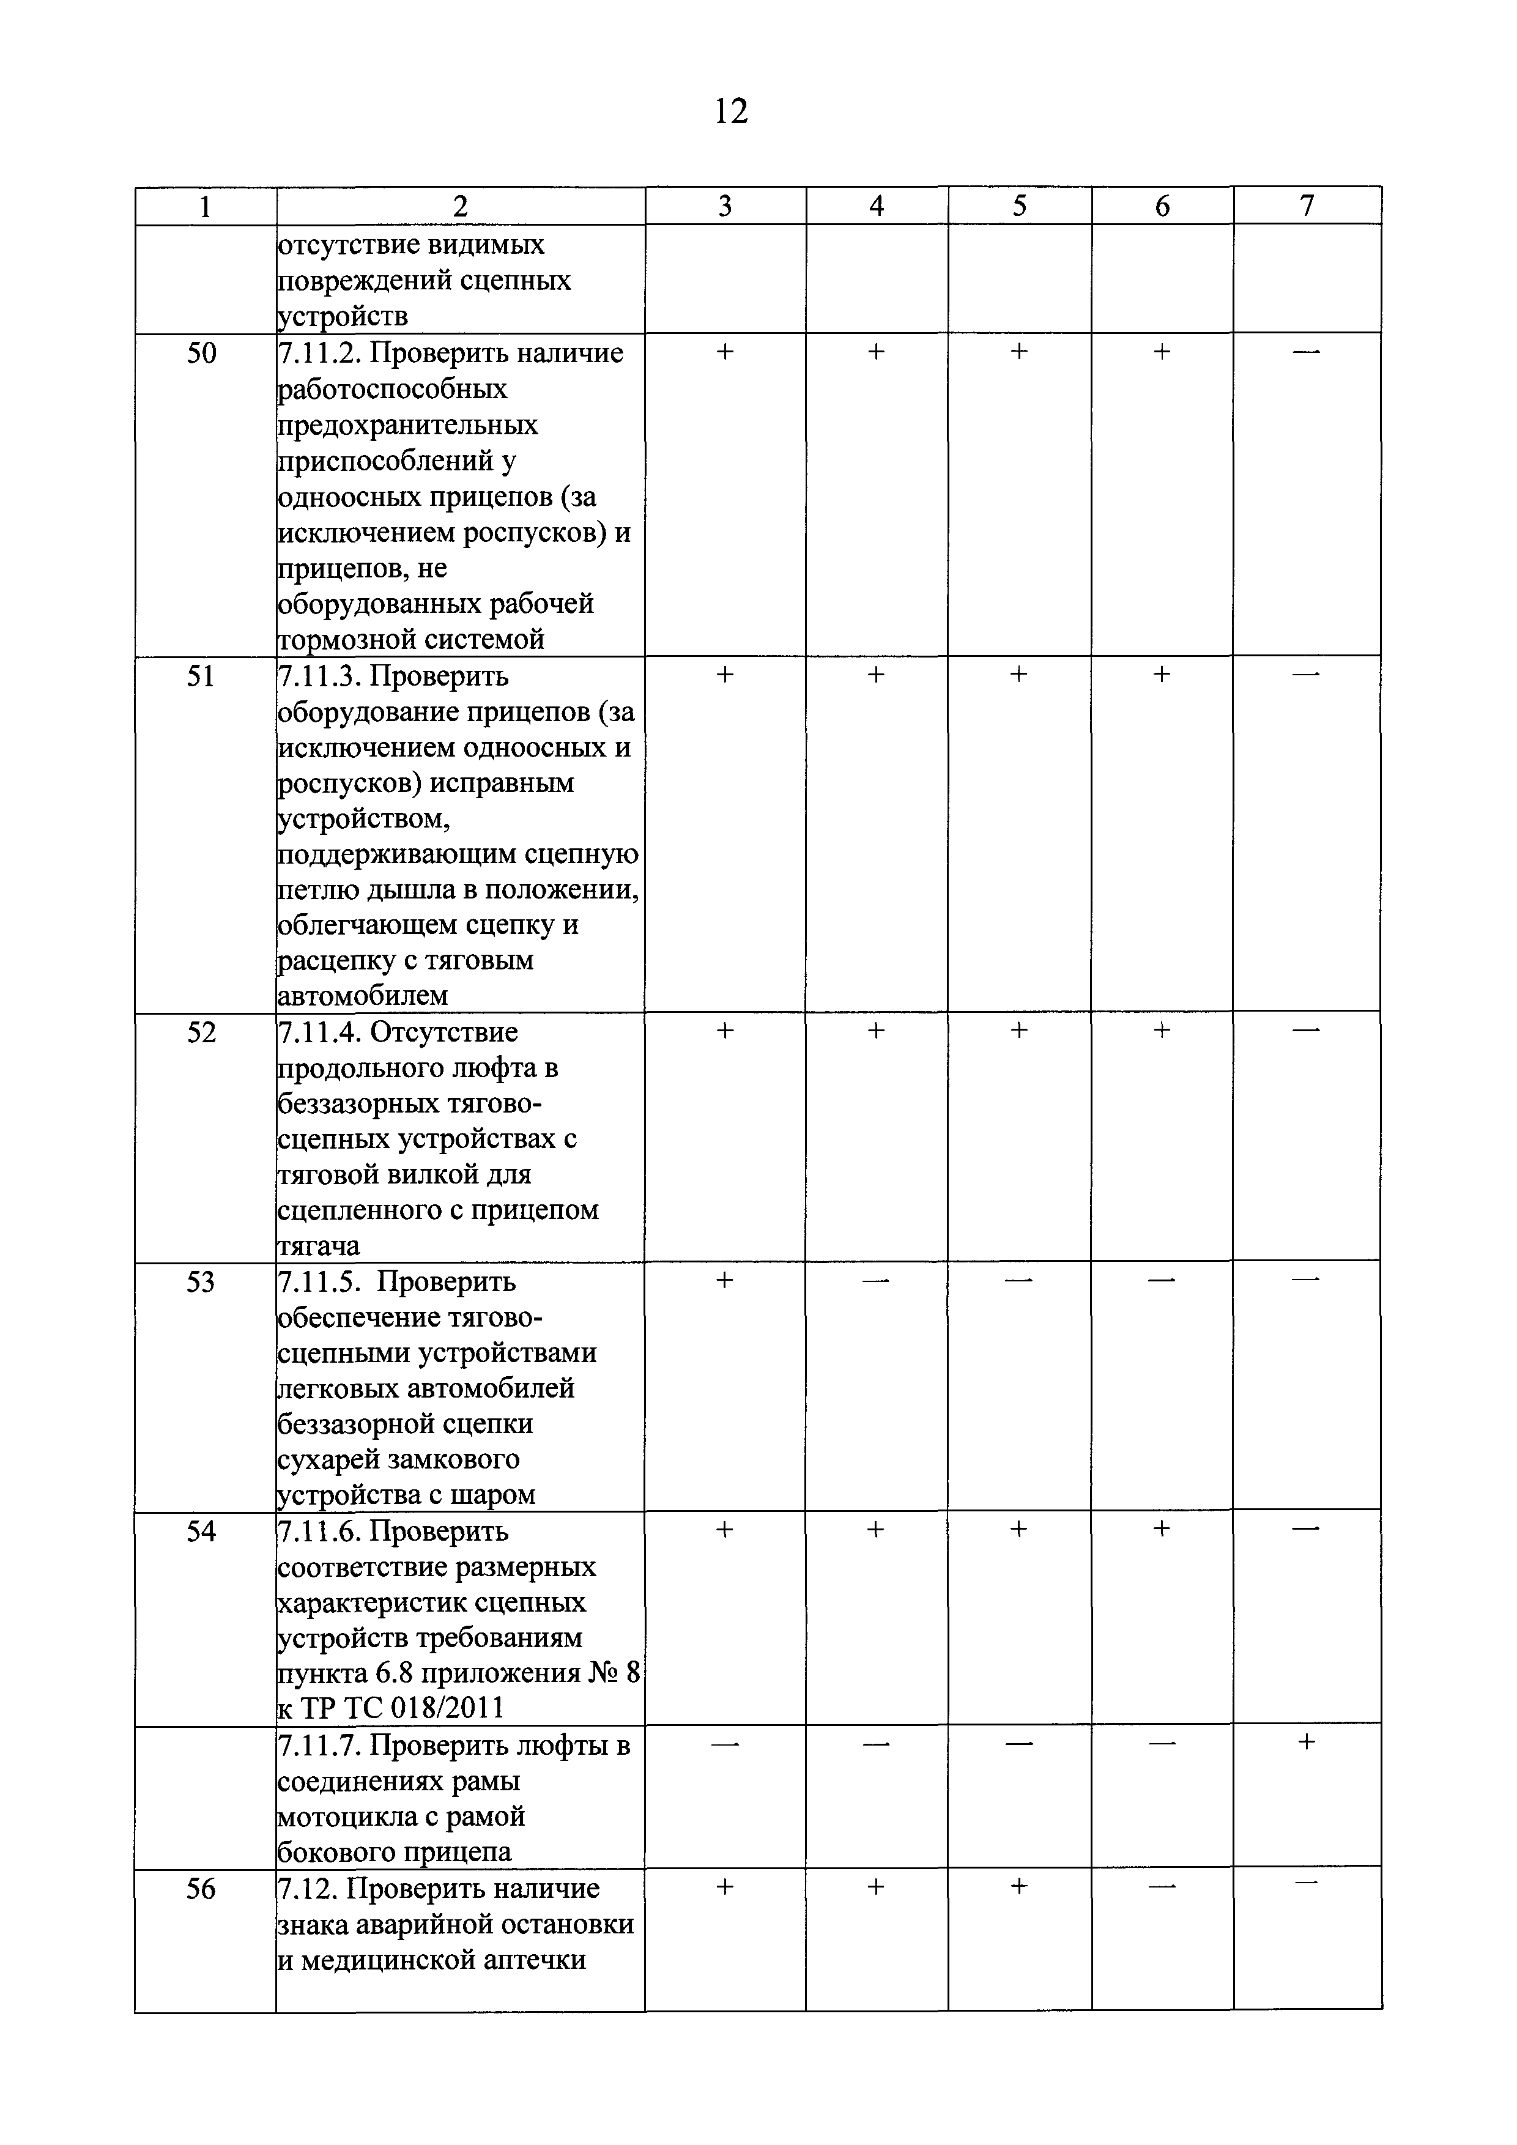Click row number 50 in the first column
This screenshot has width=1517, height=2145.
tap(202, 353)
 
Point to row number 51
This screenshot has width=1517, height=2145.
tap(202, 675)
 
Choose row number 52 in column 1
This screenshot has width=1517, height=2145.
tap(202, 1032)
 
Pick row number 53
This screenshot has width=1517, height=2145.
tap(202, 1282)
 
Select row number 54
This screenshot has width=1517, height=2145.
tap(202, 1531)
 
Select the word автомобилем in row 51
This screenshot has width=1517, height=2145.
tap(363, 996)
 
